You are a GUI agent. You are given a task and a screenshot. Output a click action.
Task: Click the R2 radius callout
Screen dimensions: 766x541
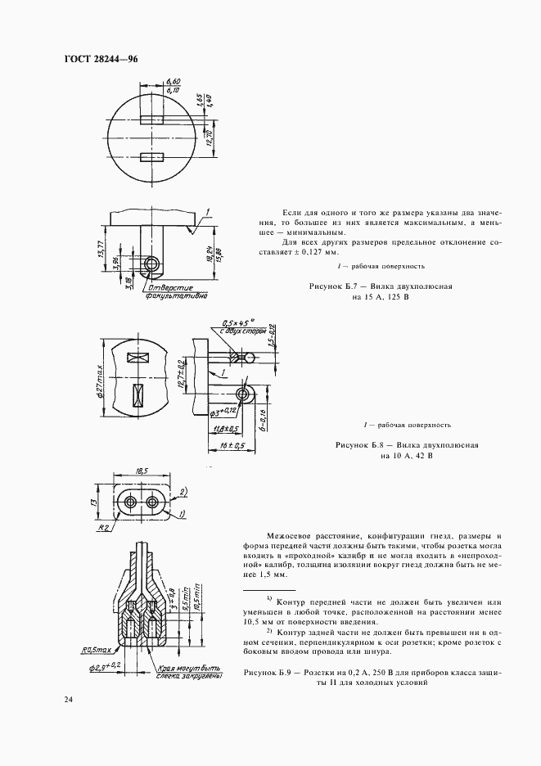coord(105,528)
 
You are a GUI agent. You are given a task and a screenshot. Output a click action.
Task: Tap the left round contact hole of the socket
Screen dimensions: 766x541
coord(131,500)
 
